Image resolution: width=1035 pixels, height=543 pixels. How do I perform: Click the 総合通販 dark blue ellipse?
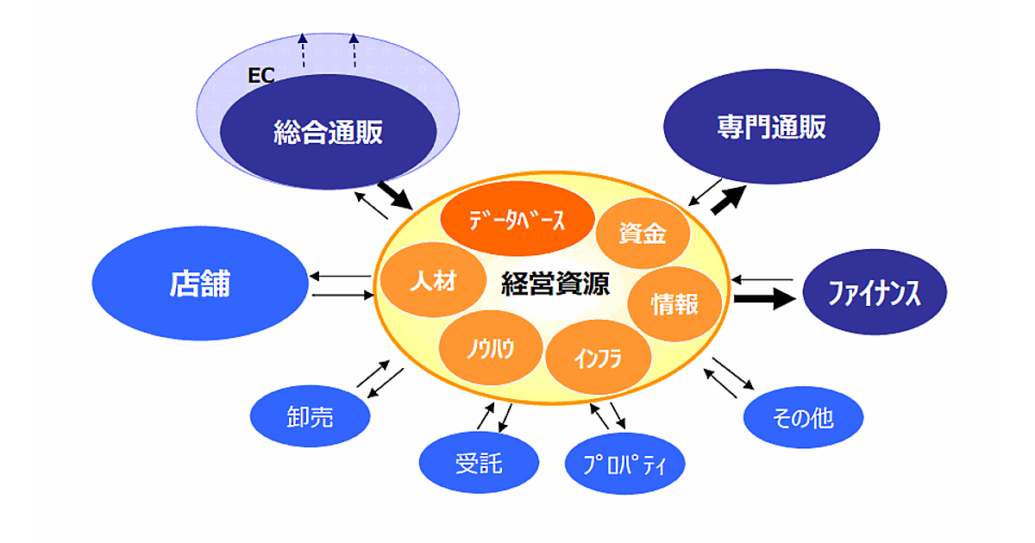coord(328,132)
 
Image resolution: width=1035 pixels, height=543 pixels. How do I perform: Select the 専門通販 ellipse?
coord(771,127)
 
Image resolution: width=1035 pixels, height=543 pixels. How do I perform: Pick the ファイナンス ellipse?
coord(875,294)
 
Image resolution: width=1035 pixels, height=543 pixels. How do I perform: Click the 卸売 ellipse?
coord(310,418)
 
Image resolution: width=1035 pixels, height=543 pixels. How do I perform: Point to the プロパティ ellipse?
coord(625,465)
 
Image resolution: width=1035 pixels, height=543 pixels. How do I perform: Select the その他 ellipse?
coord(802,419)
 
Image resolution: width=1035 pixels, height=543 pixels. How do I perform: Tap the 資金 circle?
coord(643,234)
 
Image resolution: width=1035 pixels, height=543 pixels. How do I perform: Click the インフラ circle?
coord(597,358)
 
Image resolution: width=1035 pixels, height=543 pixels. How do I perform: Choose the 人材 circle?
coord(431,281)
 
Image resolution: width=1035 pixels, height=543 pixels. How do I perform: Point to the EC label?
coord(260,76)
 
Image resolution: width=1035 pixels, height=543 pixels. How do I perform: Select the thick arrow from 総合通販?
coord(396,195)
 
